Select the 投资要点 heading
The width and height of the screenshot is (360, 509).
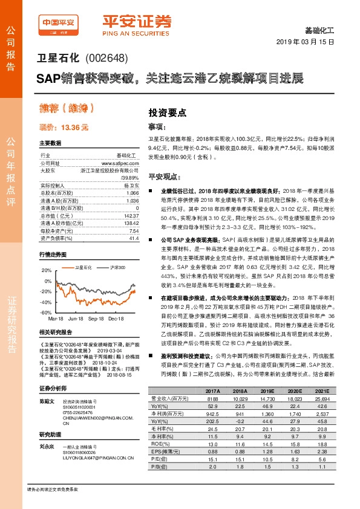[168, 112]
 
